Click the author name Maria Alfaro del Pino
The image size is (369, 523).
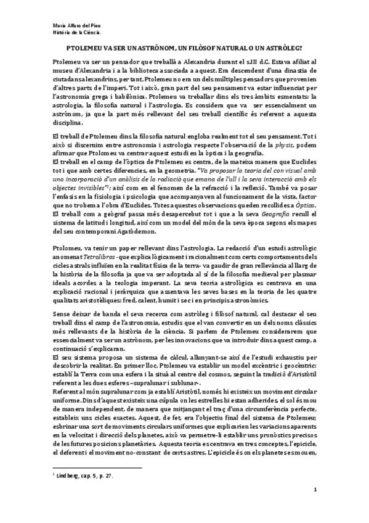point(68,25)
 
